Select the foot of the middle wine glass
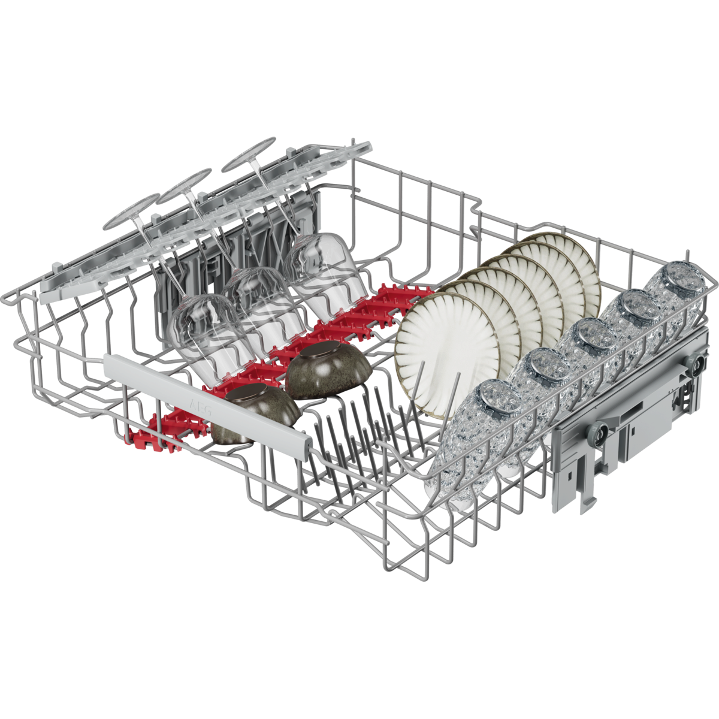(x=184, y=186)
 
